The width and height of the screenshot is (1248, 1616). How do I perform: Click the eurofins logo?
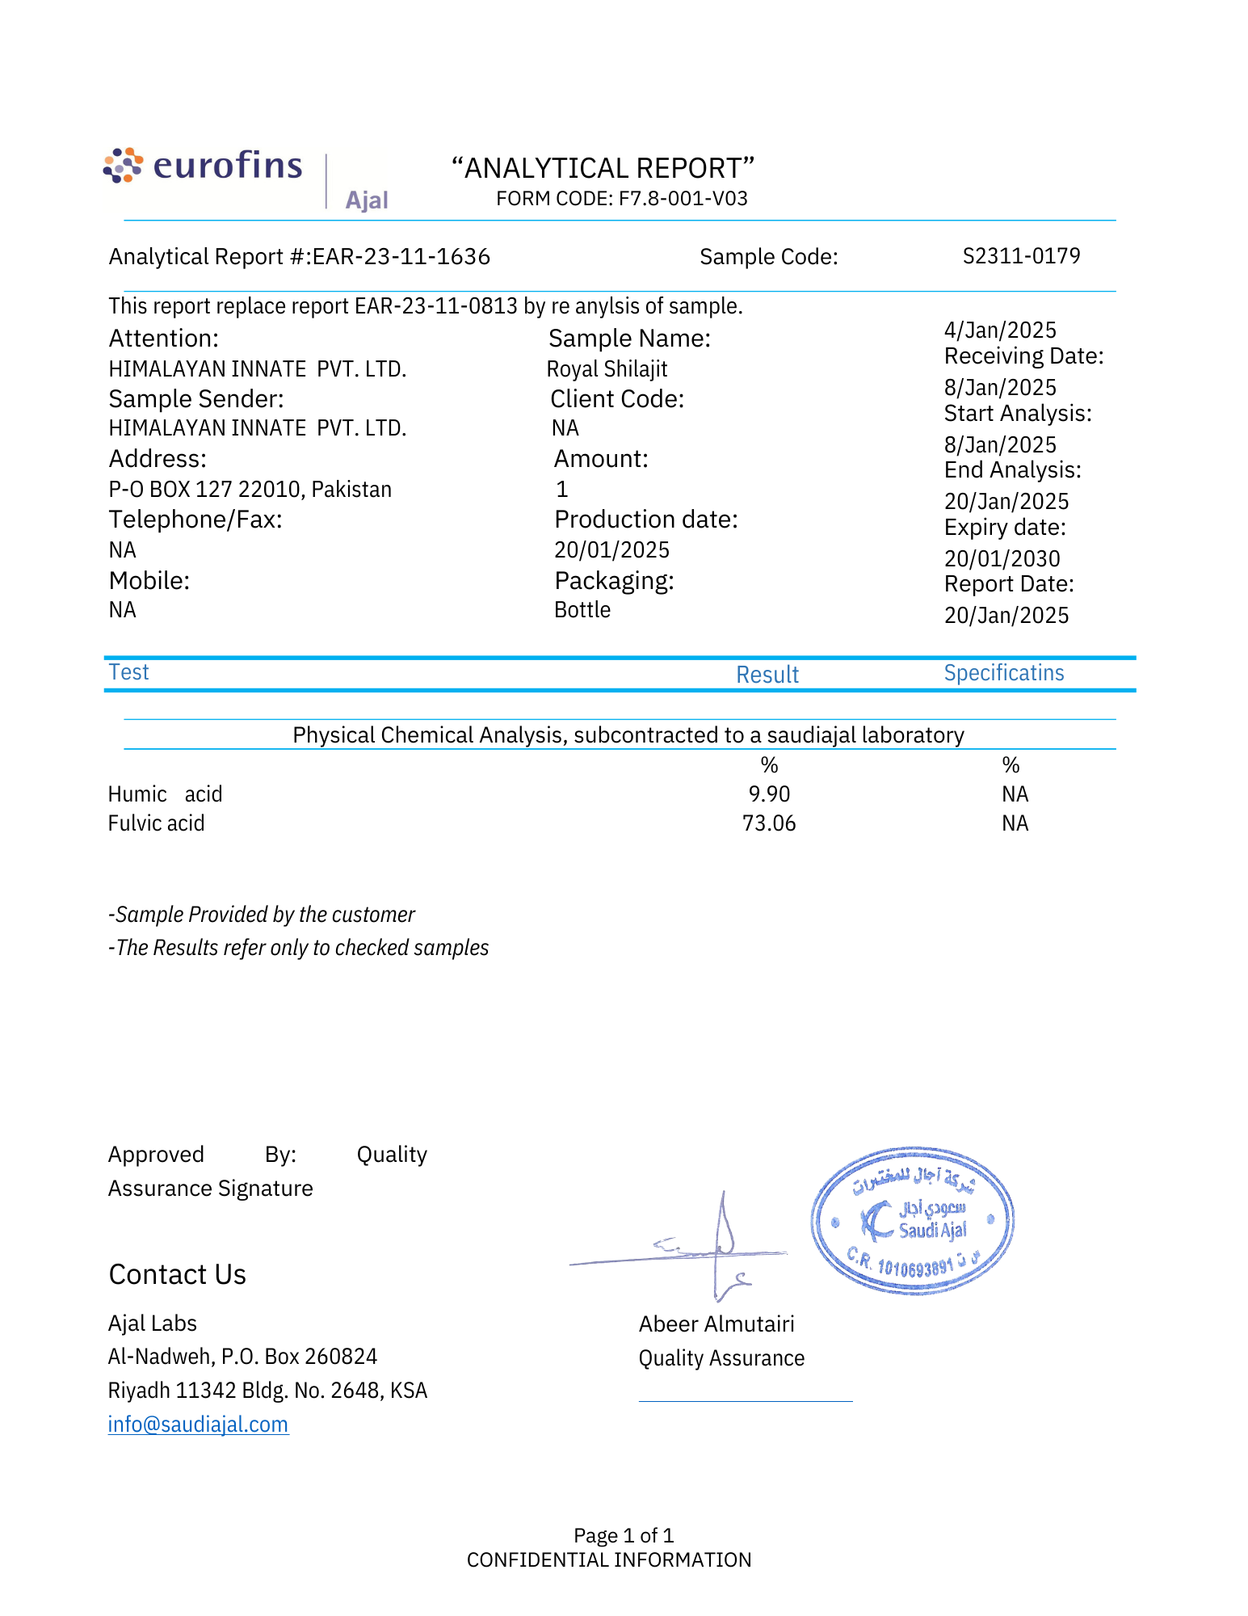point(203,166)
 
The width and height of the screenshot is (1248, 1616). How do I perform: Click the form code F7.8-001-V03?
point(621,199)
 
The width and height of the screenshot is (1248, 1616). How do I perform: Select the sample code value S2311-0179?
point(1021,256)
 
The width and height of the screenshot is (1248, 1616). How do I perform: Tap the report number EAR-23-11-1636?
point(401,257)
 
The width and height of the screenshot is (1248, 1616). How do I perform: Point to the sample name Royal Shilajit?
point(607,369)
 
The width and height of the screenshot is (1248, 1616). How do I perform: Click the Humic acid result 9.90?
point(768,794)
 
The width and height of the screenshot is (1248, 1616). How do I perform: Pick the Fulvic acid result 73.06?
point(768,823)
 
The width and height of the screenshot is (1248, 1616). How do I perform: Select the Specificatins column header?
point(1003,673)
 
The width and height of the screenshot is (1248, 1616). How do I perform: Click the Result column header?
point(767,675)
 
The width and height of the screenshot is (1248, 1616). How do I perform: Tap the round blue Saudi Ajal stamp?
point(912,1220)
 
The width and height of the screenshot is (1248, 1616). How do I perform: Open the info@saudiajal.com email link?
point(198,1424)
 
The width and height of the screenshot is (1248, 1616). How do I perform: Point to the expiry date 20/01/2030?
point(1002,559)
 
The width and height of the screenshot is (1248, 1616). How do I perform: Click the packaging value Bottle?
point(582,610)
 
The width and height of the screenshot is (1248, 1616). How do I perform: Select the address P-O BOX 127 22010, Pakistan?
point(250,490)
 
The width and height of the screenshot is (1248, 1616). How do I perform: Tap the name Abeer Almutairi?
point(716,1324)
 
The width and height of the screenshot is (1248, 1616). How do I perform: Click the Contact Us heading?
point(177,1274)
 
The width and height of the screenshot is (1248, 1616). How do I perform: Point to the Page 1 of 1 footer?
point(623,1535)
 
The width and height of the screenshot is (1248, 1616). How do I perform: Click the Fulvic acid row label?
point(156,823)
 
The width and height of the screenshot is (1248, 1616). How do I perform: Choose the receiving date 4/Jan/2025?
point(999,330)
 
